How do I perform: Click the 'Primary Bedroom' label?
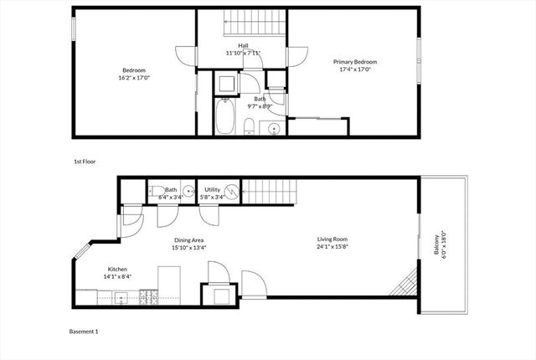355,62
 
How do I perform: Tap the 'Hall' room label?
243,46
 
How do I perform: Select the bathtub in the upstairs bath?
224,118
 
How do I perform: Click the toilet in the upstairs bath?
250,127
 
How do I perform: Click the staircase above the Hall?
243,23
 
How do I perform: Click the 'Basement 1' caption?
84,332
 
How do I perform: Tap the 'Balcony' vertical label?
436,244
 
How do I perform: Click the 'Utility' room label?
213,190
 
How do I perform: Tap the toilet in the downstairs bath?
156,191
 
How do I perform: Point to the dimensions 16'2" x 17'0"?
136,77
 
